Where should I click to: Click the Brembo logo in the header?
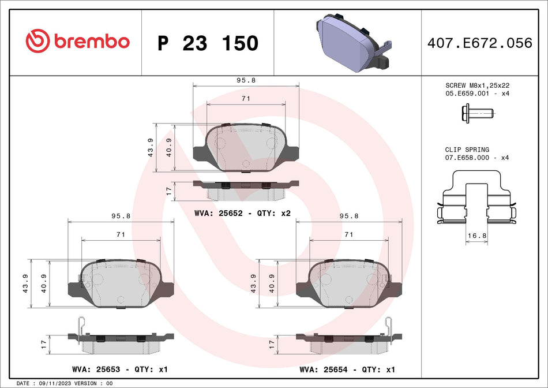coord(77,42)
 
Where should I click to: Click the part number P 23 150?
coord(208,43)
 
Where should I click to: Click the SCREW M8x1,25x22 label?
coord(476,85)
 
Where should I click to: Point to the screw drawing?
coord(476,114)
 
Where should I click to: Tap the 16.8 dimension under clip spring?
coord(476,236)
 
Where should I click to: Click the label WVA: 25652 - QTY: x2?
coord(242,213)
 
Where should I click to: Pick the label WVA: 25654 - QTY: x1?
coord(347,369)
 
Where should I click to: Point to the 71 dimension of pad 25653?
coord(121,234)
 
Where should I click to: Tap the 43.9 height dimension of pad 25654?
coord(254,283)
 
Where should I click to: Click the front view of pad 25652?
coord(246,148)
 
